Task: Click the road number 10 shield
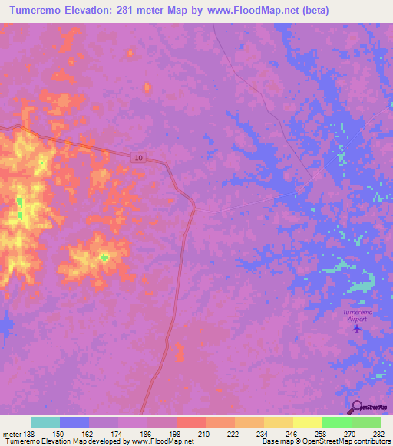[x=137, y=157]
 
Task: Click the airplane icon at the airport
[x=356, y=329]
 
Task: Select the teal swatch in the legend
[x=45, y=422]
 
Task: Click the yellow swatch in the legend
[x=308, y=422]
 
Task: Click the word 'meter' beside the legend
[x=13, y=434]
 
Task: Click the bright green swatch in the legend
[x=337, y=422]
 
